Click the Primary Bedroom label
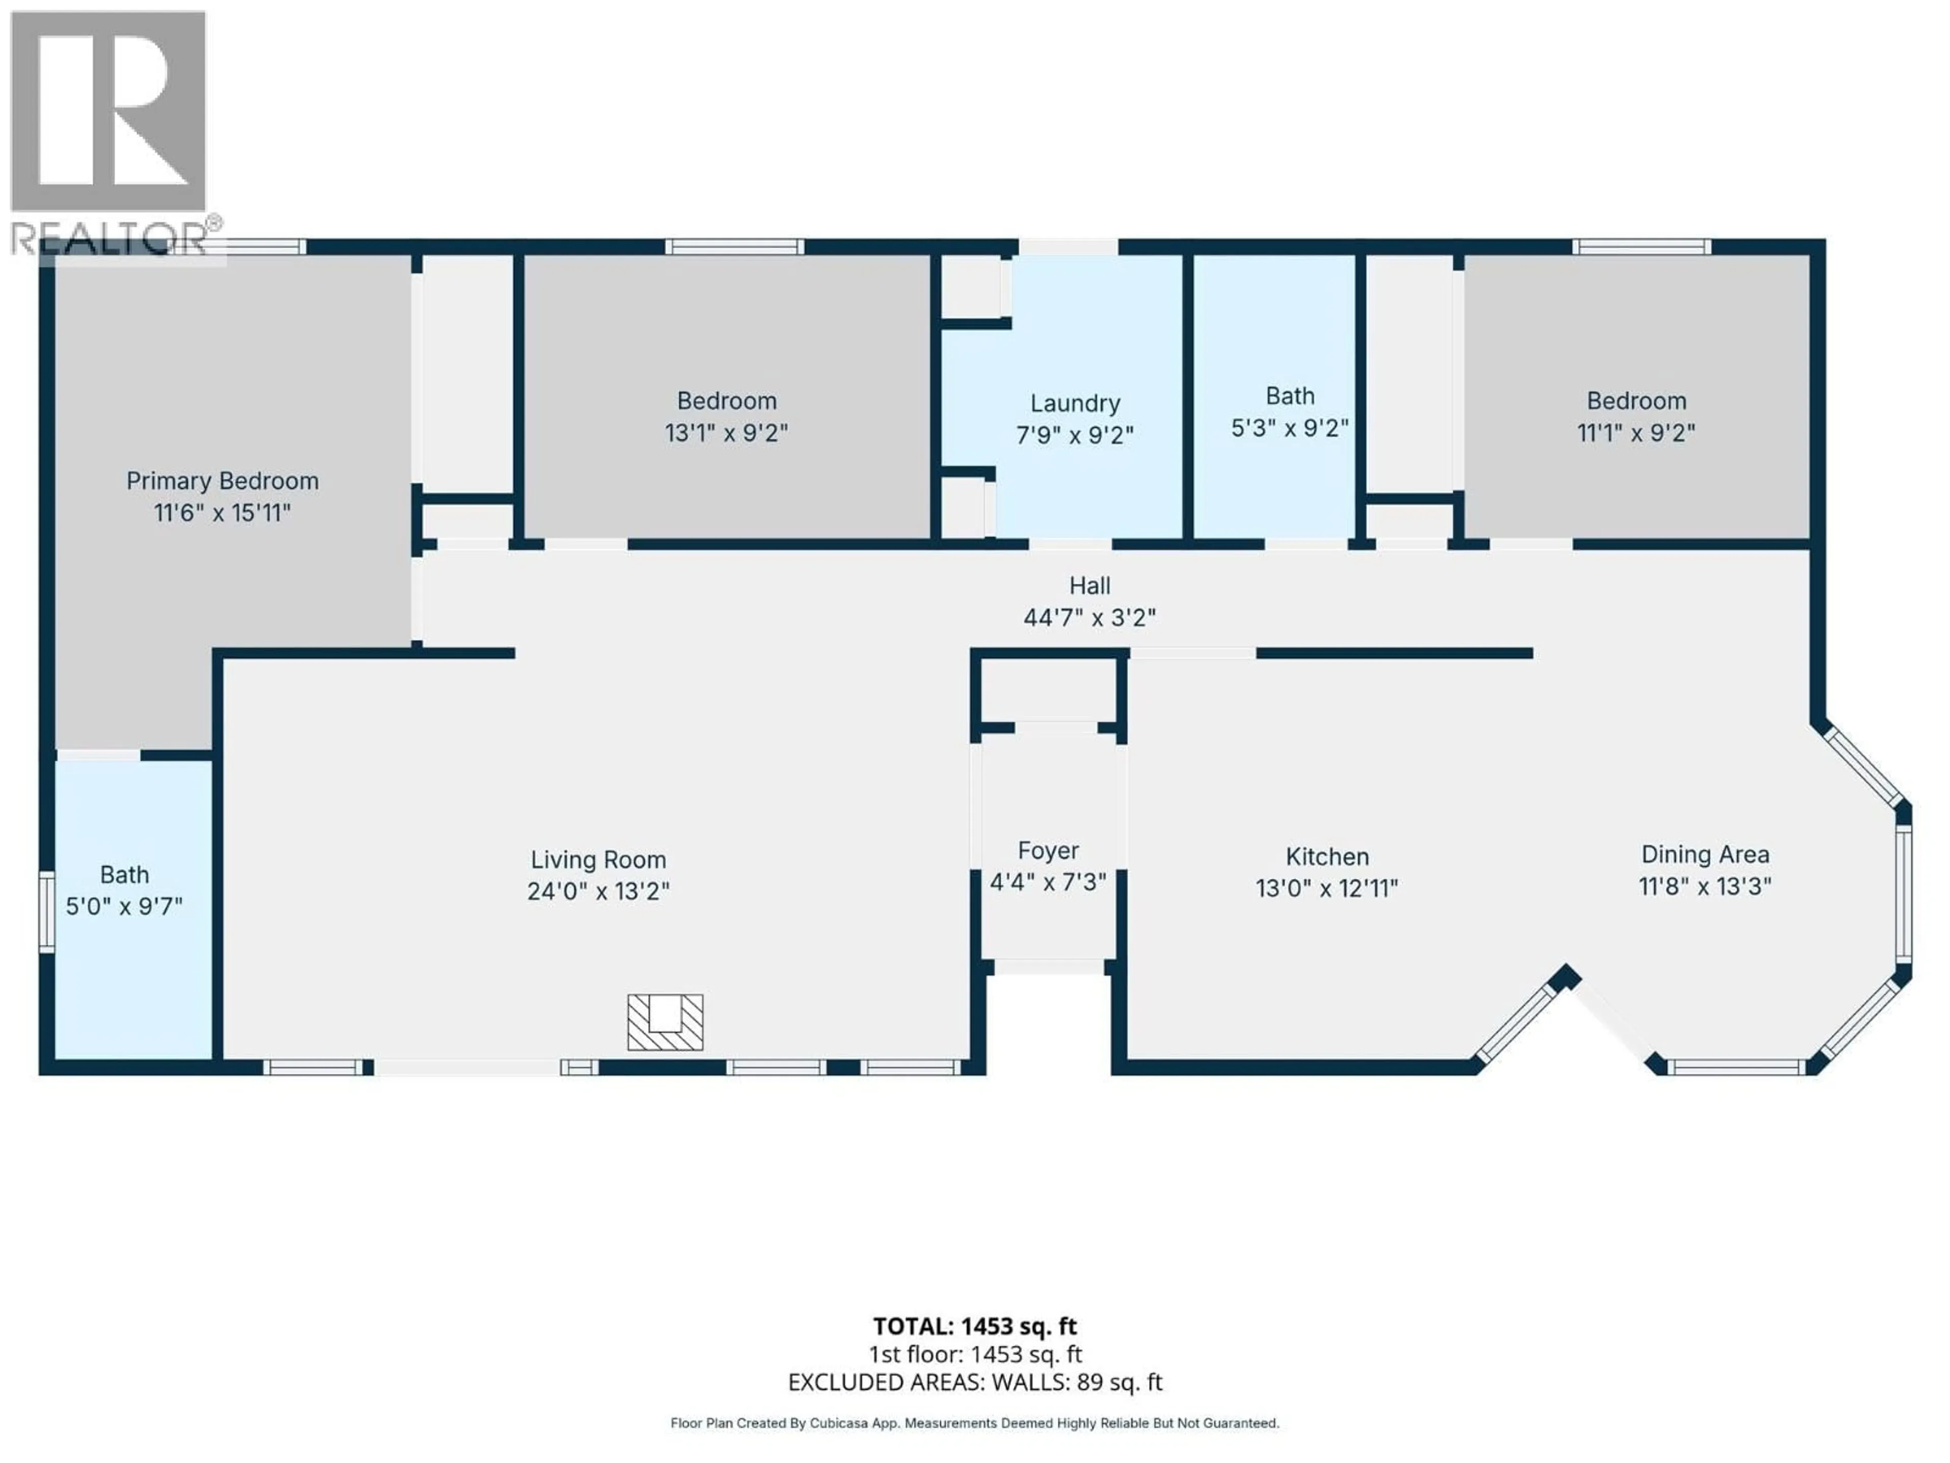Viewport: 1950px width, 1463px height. (222, 481)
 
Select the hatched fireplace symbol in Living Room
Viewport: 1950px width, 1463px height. (665, 1022)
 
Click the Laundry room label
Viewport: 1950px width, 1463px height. (1075, 404)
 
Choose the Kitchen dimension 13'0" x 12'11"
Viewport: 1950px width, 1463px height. (1327, 888)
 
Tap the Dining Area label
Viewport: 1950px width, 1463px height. (1704, 854)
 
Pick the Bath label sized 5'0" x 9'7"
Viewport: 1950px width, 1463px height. (124, 875)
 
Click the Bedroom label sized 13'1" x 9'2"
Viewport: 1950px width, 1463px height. (726, 401)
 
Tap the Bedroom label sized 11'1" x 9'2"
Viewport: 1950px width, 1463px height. (1636, 401)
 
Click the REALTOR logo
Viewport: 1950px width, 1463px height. (109, 132)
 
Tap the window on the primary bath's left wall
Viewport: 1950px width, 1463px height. (47, 911)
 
